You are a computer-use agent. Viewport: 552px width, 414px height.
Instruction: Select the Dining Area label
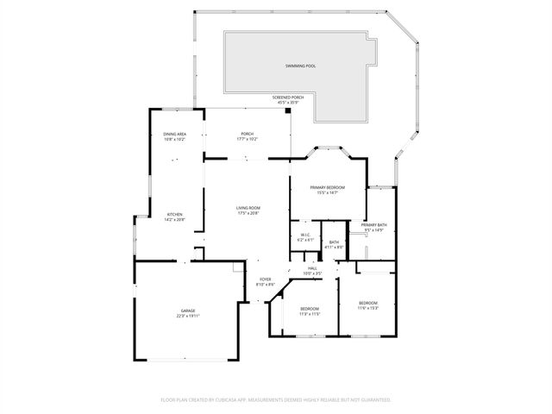(175, 134)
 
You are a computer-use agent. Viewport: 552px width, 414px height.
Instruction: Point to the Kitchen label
(174, 214)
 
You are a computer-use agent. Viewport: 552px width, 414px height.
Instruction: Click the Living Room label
(248, 208)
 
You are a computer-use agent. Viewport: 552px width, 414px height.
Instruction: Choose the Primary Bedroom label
(327, 187)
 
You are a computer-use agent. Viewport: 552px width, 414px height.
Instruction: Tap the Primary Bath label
(374, 225)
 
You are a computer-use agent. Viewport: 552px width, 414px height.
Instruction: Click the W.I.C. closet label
(305, 235)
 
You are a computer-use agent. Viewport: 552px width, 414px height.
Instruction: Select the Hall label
(312, 268)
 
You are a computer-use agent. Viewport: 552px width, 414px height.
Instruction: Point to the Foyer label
(265, 279)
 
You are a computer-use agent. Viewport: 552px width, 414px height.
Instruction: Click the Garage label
(188, 310)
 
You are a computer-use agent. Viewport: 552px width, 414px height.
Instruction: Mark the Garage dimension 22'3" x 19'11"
(188, 316)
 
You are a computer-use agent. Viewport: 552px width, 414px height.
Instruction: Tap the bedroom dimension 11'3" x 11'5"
(310, 314)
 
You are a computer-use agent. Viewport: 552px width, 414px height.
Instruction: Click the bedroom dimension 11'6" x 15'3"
(368, 308)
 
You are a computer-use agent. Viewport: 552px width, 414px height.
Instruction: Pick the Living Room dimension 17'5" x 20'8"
(248, 213)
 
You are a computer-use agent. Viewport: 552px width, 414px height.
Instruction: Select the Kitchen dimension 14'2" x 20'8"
(174, 219)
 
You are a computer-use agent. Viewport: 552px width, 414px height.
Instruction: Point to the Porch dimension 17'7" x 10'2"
(248, 139)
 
